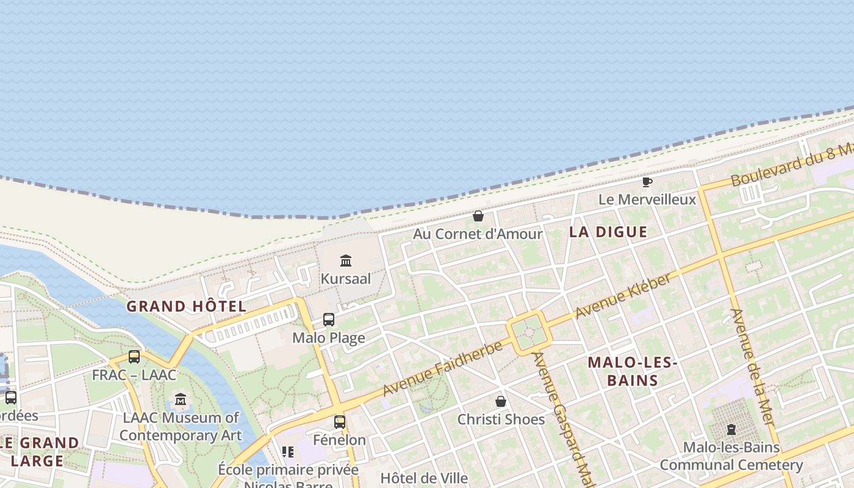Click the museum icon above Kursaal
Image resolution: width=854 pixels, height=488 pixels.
click(346, 261)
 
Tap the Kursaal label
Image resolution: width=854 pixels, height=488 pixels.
click(346, 279)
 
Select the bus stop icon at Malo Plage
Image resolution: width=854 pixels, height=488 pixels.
click(329, 320)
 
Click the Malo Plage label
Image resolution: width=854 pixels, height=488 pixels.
click(329, 338)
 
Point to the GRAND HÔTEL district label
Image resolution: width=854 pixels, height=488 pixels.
click(186, 306)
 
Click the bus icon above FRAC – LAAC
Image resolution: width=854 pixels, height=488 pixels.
click(134, 357)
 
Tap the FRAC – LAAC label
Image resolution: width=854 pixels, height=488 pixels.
click(134, 375)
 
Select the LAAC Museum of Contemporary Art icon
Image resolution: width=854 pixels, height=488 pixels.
click(181, 400)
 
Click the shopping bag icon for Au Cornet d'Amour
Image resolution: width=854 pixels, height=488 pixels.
click(478, 216)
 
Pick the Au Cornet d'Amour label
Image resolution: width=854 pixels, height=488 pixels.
click(478, 234)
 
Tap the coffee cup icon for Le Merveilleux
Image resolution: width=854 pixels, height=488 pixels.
click(647, 182)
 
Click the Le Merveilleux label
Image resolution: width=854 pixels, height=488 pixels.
click(647, 199)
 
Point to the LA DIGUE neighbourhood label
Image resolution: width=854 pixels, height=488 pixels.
click(608, 232)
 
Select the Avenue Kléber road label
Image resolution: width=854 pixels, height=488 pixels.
click(623, 295)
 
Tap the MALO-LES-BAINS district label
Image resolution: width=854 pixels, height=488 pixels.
click(633, 371)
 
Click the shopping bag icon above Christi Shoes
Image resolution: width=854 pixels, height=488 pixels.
click(501, 401)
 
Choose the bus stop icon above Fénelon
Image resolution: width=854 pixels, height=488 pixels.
click(340, 422)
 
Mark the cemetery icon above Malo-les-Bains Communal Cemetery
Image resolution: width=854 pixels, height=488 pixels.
click(731, 429)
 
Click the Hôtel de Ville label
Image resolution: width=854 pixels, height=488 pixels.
click(424, 478)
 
